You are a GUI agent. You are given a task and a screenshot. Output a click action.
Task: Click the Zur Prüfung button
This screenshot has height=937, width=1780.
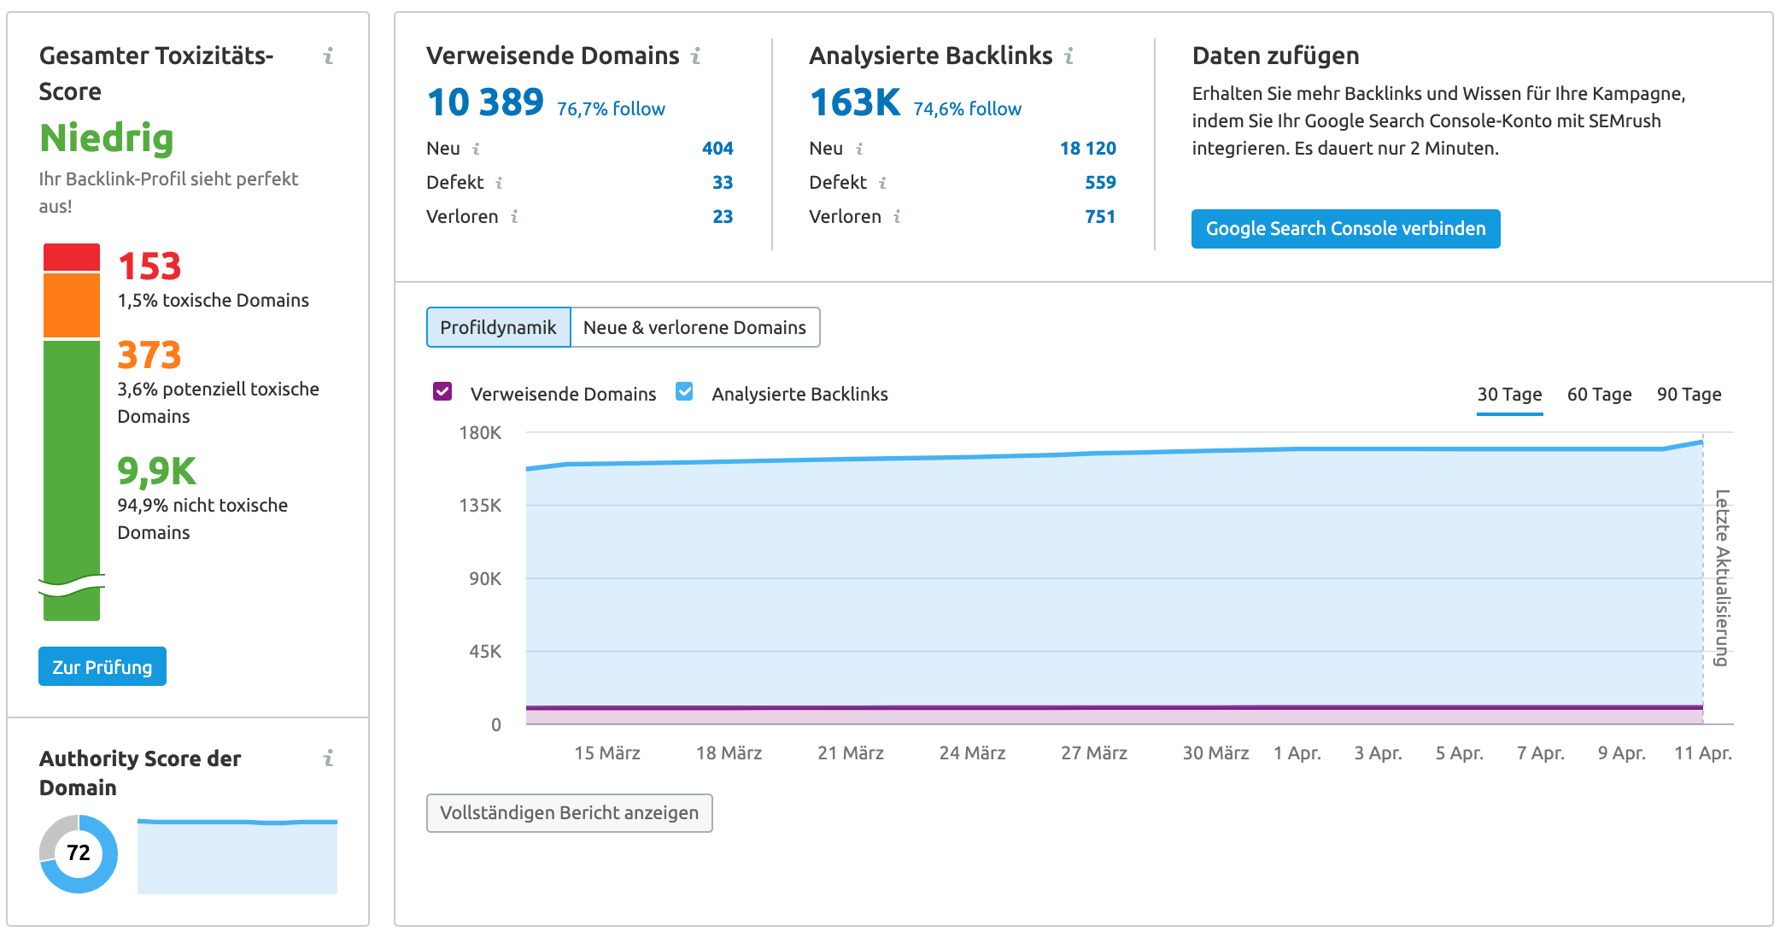coord(102,666)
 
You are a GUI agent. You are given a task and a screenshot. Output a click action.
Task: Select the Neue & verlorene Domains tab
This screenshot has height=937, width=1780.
coord(694,327)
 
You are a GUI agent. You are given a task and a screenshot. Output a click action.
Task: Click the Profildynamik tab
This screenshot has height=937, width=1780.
coord(498,327)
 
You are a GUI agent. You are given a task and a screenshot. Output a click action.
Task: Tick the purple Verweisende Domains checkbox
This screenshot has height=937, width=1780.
coord(442,392)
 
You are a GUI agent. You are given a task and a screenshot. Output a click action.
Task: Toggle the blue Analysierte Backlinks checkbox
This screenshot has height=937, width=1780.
coord(684,392)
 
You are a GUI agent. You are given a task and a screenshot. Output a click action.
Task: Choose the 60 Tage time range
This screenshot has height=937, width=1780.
coord(1599,395)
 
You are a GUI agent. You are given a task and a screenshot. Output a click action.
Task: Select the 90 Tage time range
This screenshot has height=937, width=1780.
coord(1689,395)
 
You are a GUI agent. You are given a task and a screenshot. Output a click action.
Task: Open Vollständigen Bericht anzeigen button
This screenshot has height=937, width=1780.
coord(569,812)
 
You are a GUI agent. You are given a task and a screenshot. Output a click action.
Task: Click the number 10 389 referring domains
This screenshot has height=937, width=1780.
coord(485,103)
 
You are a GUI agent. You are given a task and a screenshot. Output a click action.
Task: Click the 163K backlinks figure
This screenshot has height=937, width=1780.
coord(855,103)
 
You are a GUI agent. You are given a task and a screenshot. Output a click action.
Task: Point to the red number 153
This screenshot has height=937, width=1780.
coord(149,266)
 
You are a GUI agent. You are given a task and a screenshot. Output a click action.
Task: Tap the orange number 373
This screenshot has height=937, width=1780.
coord(149,355)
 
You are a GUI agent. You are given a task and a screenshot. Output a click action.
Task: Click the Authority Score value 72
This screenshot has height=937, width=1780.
coord(79,852)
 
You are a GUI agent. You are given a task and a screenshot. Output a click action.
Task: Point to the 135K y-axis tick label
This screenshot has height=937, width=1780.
coord(480,506)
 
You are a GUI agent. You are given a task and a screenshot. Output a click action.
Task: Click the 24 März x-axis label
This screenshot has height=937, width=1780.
coord(972,753)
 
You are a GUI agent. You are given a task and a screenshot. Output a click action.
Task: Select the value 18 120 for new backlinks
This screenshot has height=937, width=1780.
coord(1087,149)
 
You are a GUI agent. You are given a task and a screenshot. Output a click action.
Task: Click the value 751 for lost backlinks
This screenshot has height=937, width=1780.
coord(1100,217)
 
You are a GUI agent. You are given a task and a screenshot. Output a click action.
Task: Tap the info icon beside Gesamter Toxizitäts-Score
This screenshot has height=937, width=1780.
coord(328,56)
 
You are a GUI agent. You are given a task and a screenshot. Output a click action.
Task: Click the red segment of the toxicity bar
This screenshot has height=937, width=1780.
coord(72,257)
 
